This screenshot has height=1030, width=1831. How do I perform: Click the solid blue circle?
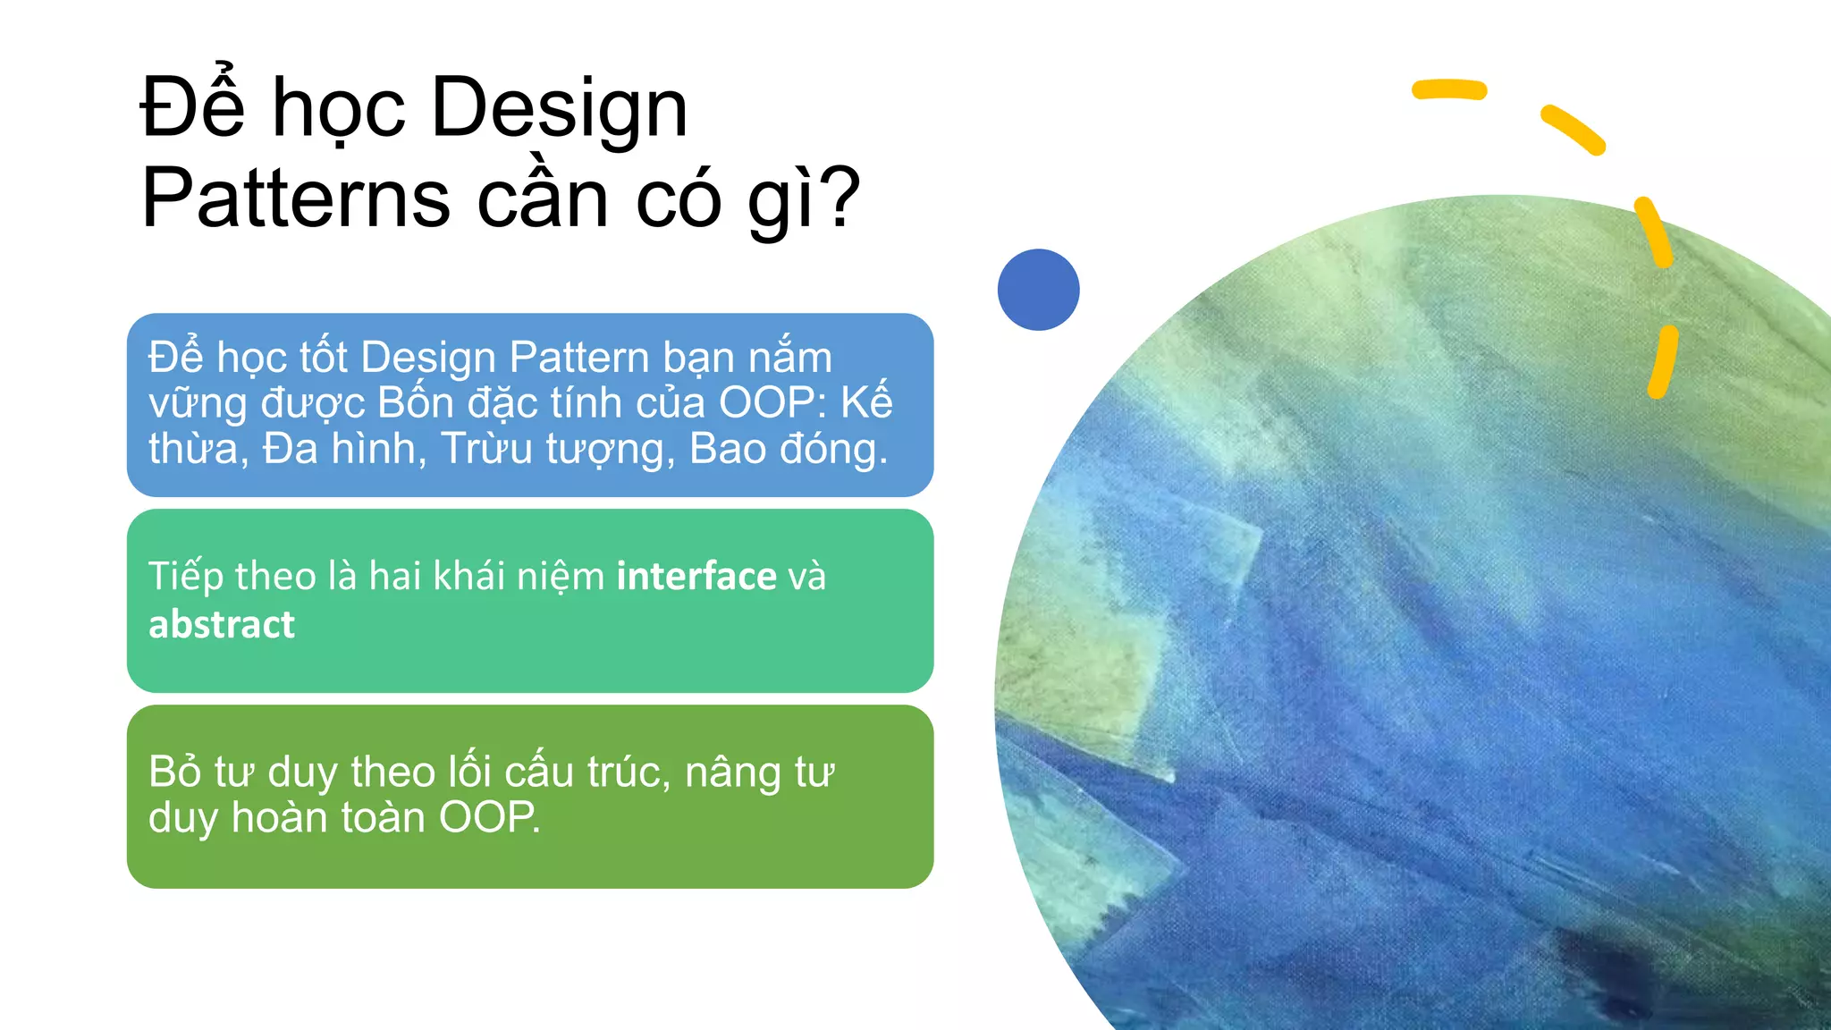(x=1038, y=290)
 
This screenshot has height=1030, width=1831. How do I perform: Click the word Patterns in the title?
(x=296, y=198)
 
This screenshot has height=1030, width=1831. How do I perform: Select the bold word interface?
(x=696, y=576)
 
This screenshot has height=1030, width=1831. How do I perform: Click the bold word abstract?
(x=222, y=624)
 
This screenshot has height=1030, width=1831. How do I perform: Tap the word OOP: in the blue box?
(x=773, y=403)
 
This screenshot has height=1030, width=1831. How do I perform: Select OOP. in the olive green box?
(x=489, y=817)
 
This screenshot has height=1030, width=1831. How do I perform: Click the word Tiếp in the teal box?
(x=185, y=577)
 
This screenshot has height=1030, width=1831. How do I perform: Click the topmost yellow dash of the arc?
(x=1448, y=89)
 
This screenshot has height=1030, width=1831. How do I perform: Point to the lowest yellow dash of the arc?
(x=1662, y=362)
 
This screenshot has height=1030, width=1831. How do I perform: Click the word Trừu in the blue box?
(x=487, y=449)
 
